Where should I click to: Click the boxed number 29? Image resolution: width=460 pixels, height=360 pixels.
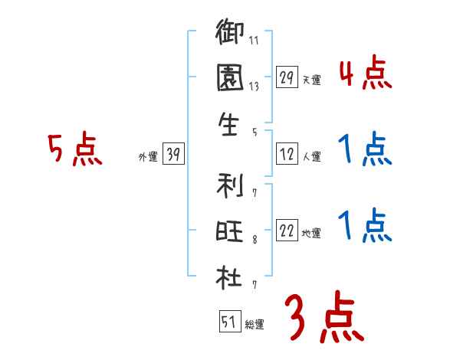[x=287, y=77]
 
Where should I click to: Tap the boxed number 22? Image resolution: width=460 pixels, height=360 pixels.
[x=287, y=231]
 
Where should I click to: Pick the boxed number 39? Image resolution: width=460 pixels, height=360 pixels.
[x=172, y=155]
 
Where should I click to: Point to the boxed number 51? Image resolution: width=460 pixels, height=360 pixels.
[x=228, y=322]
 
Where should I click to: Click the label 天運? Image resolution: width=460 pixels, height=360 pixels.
[x=311, y=80]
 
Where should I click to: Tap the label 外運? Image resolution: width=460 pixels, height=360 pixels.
[x=147, y=158]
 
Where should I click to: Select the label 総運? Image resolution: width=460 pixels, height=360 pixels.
[x=254, y=324]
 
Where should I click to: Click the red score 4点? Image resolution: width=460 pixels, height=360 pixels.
[x=365, y=74]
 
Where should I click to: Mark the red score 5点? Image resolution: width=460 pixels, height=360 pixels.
[x=75, y=151]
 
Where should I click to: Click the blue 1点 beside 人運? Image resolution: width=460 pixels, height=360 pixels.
[x=365, y=151]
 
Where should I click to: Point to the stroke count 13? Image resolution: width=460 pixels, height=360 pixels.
[x=254, y=87]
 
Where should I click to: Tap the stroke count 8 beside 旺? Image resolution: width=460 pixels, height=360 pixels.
[x=254, y=241]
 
